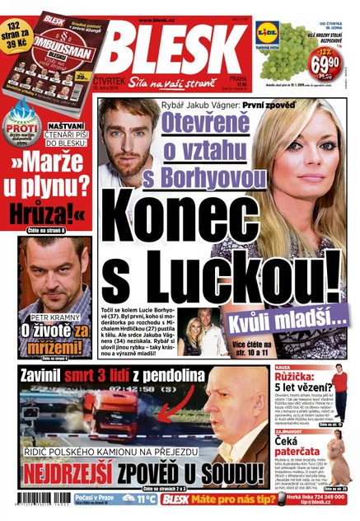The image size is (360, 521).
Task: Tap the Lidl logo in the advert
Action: coord(267,32)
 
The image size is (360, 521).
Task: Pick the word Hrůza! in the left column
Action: coord(44,212)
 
